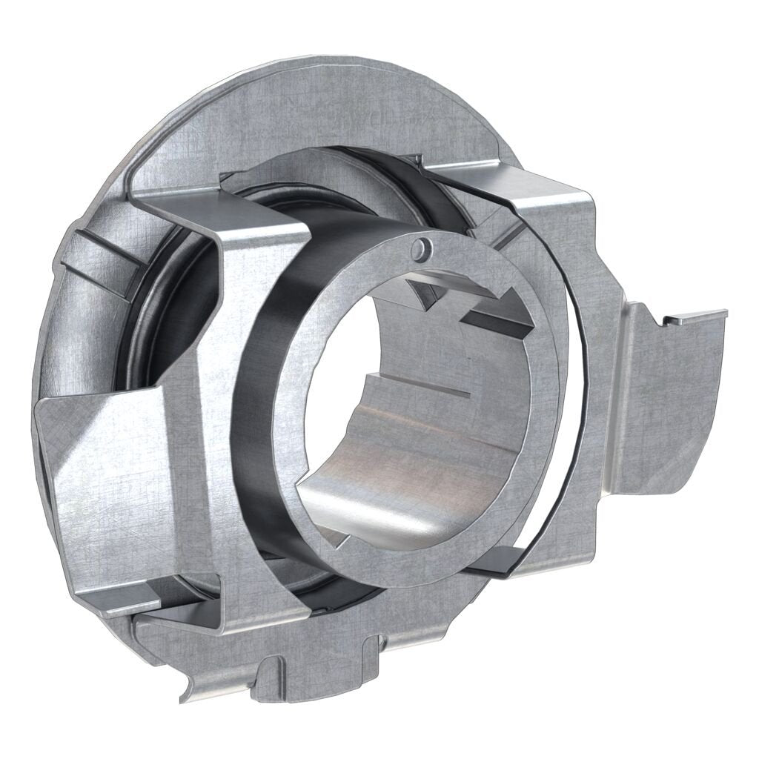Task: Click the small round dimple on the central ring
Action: point(422,248)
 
